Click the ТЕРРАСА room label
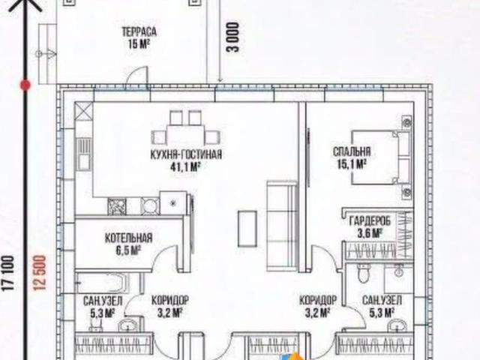pos(139,32)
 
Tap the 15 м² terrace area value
pos(139,43)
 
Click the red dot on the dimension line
pos(25,86)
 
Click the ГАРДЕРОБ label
pos(367,220)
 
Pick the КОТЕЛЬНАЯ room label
pos(128,238)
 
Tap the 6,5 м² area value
pos(128,250)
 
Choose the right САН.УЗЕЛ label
pos(382,301)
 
